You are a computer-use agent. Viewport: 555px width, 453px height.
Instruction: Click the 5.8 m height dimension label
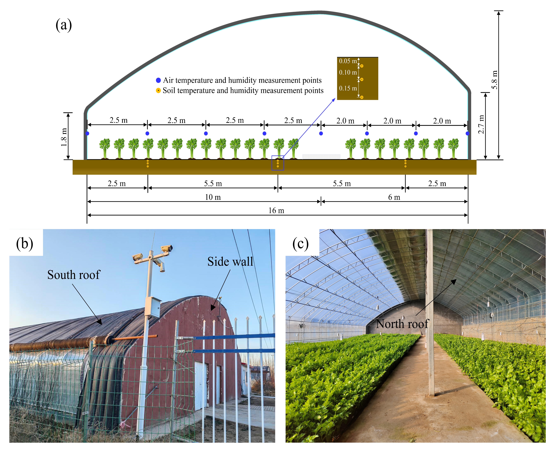494,80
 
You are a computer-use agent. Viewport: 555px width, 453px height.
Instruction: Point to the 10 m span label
213,197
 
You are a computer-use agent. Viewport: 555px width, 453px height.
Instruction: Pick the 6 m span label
394,197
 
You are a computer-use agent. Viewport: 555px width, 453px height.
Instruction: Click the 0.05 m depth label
348,61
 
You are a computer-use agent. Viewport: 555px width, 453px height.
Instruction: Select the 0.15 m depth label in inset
348,88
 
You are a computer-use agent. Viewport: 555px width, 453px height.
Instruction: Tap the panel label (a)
64,25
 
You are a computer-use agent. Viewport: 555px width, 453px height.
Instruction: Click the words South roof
74,275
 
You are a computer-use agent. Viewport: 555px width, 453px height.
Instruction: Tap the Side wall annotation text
230,261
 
